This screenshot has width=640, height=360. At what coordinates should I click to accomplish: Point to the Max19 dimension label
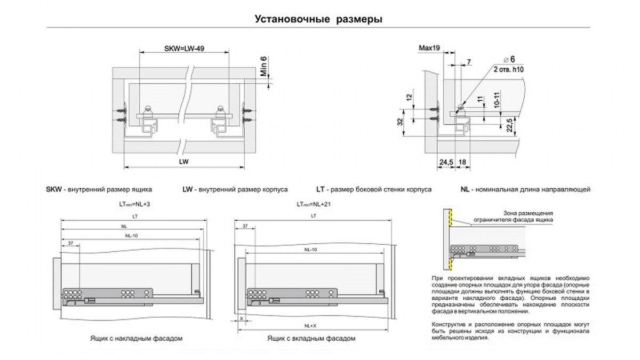pos(429,49)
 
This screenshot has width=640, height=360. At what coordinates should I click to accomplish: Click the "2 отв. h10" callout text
pos(509,70)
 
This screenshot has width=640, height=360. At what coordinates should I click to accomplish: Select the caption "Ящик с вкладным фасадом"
pos(310,339)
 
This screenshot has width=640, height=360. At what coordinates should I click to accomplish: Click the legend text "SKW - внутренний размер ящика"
pos(99,189)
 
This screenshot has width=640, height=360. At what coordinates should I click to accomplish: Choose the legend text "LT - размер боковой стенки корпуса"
pos(374,189)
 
